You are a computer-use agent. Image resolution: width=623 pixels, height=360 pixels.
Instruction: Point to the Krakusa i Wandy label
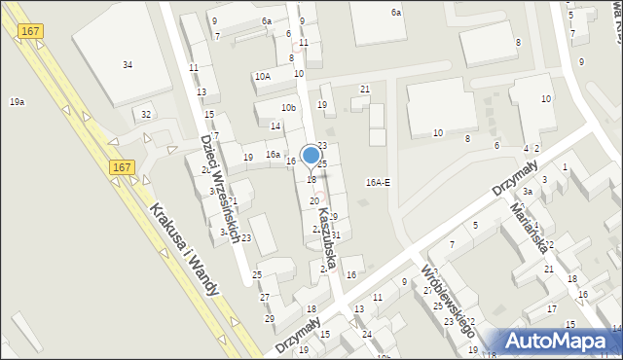[186, 249]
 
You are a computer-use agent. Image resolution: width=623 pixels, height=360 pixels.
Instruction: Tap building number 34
[128, 64]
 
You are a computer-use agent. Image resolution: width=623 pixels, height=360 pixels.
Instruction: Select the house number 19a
[17, 101]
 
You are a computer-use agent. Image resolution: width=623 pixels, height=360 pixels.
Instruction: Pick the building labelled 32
[146, 114]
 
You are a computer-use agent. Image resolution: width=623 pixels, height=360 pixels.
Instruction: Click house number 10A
[262, 76]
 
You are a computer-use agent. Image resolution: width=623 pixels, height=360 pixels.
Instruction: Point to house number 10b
[288, 107]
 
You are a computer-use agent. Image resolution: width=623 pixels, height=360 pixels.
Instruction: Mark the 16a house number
[274, 155]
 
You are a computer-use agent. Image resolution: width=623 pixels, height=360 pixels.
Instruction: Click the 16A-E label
[378, 182]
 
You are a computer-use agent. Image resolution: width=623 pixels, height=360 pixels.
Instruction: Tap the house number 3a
[527, 192]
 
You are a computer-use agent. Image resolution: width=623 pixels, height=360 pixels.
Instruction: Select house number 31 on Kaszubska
[336, 235]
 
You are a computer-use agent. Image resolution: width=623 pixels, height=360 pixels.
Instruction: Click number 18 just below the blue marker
[311, 180]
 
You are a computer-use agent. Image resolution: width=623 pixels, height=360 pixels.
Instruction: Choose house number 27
[265, 296]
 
